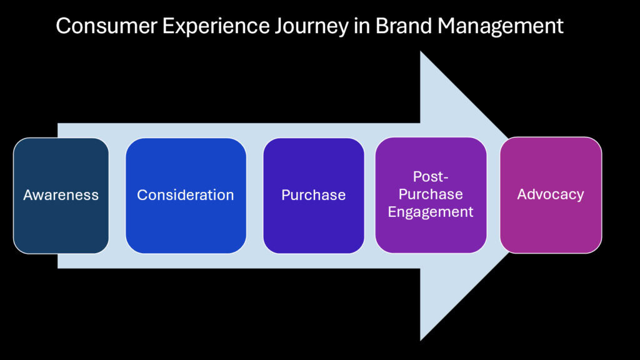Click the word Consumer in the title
(x=106, y=26)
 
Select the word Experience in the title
(x=216, y=27)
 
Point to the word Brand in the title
(x=404, y=26)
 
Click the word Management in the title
(x=501, y=27)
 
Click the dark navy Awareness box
(x=61, y=196)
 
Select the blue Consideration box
(x=186, y=196)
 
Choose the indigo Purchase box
(x=314, y=196)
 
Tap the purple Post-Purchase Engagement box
(x=431, y=195)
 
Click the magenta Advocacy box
(x=551, y=195)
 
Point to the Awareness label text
(x=61, y=195)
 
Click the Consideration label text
(x=185, y=195)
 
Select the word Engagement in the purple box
(x=431, y=212)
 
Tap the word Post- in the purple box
(x=431, y=177)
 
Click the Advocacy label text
(x=551, y=195)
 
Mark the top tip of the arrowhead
(x=421, y=51)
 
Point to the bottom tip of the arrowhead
(x=421, y=340)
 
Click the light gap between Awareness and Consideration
(x=117, y=196)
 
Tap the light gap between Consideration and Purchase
(x=255, y=196)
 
